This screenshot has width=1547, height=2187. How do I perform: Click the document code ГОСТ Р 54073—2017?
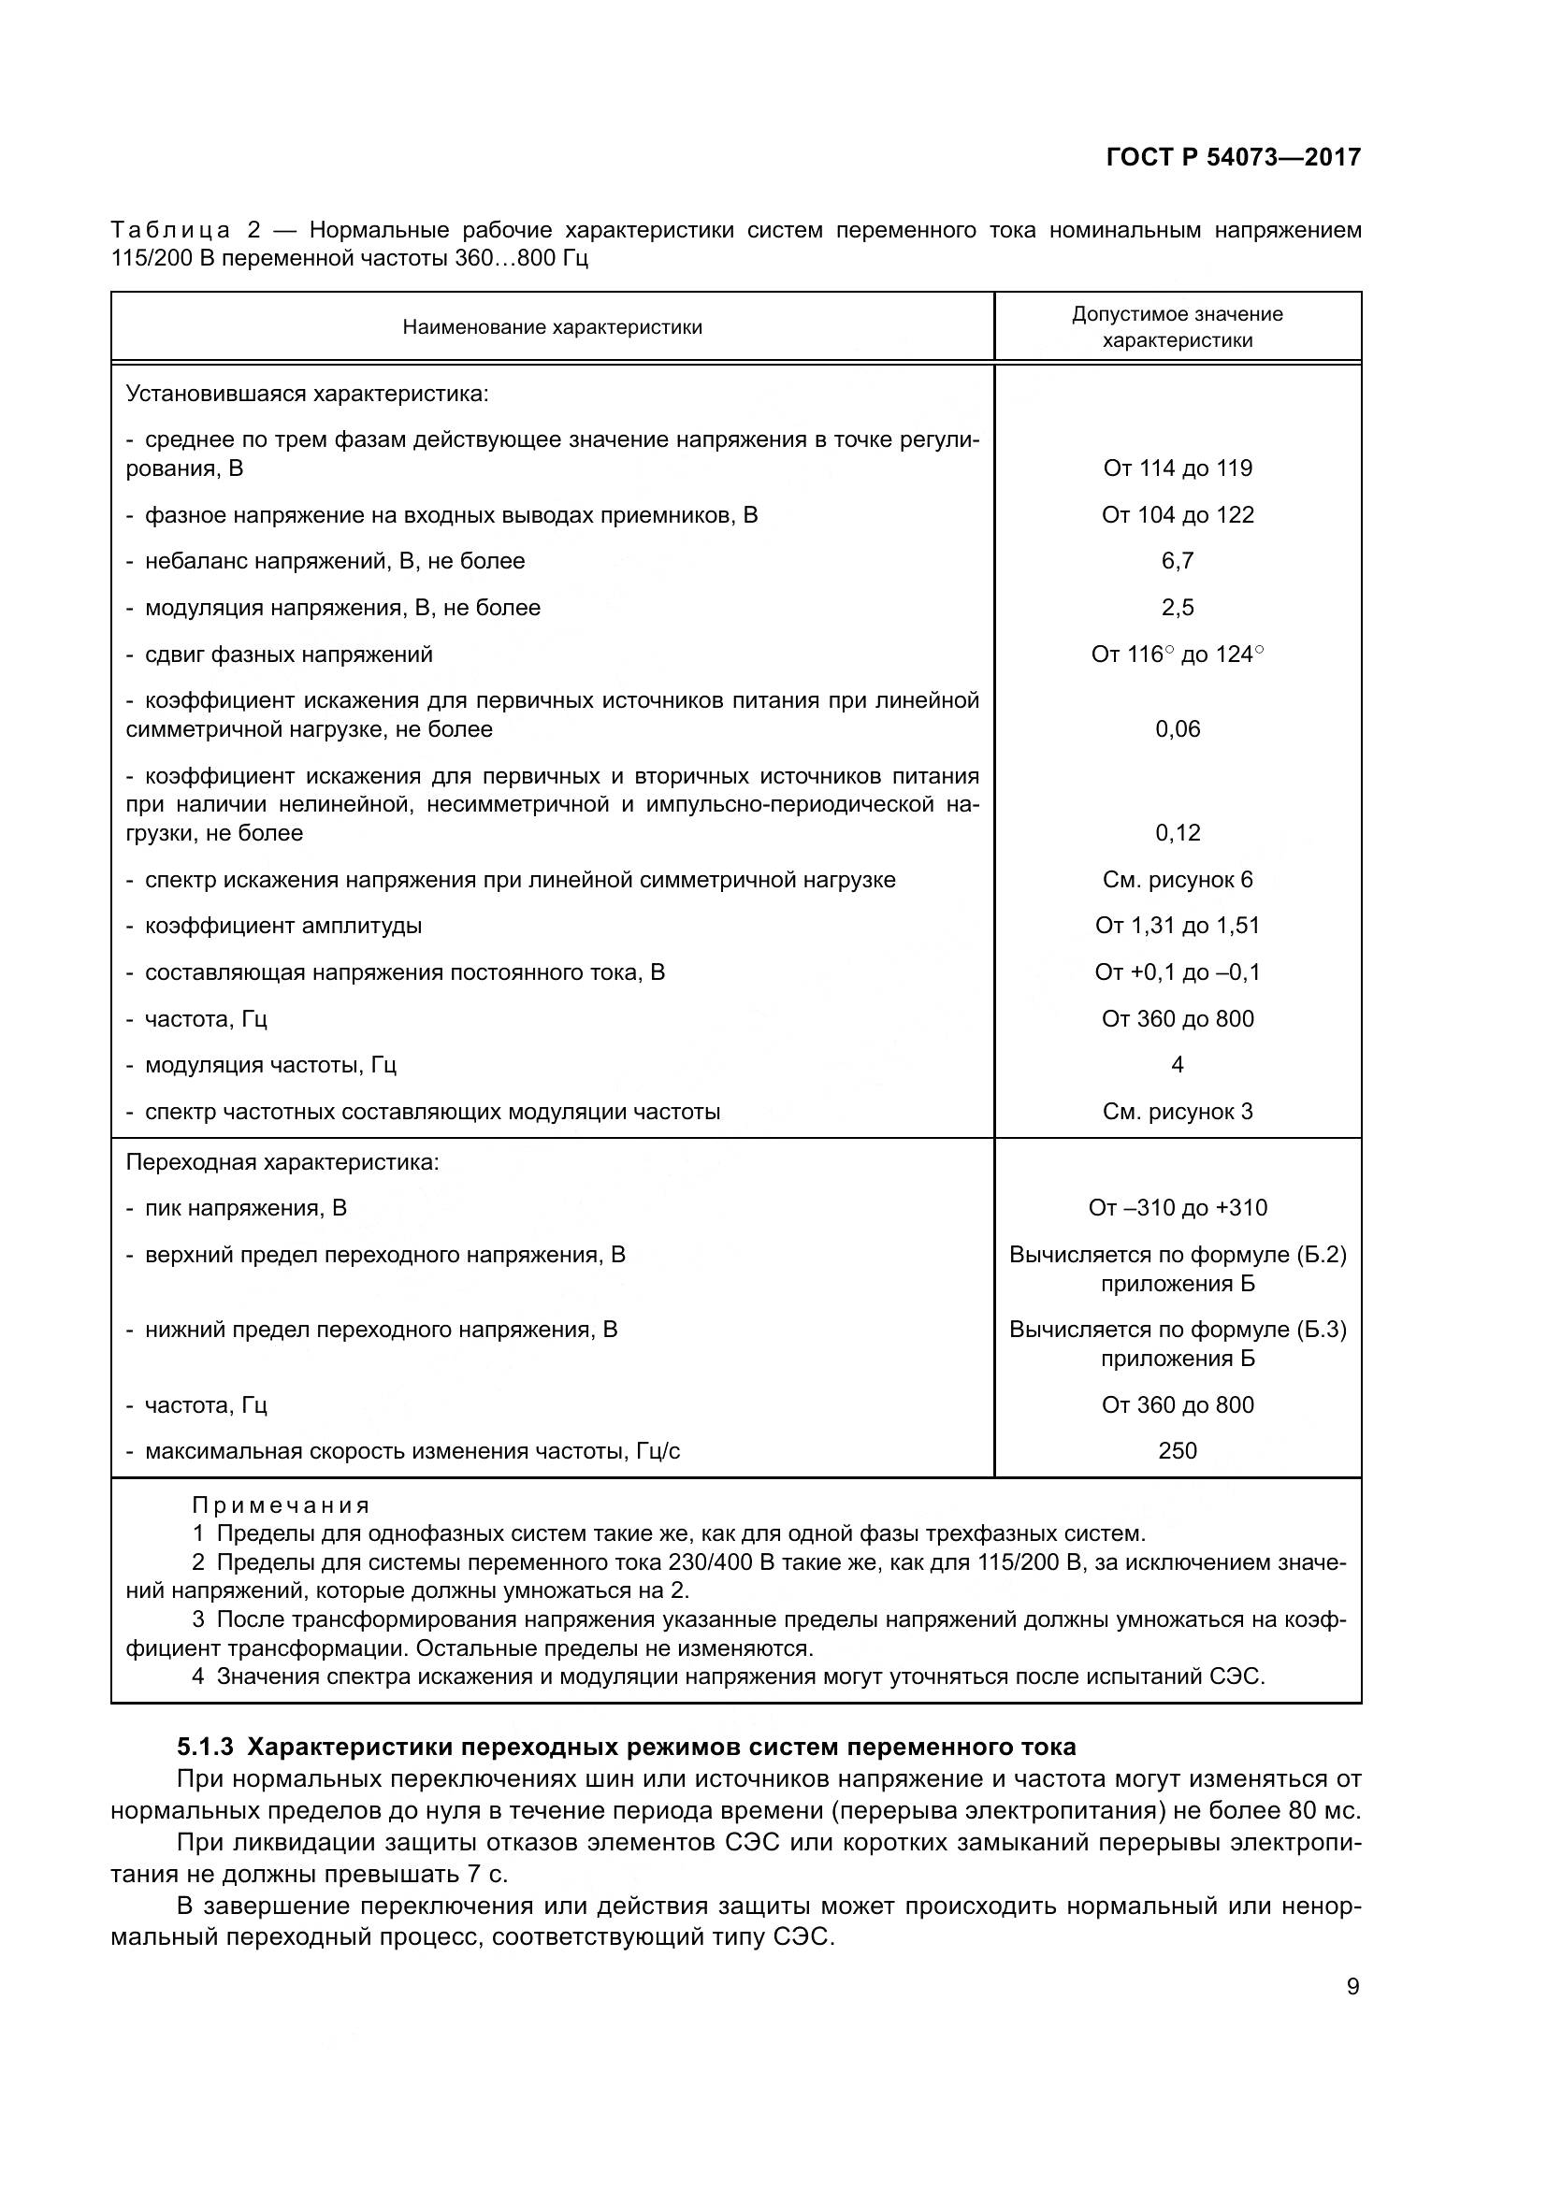tap(1234, 157)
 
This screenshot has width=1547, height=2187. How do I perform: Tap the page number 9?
tap(1352, 1987)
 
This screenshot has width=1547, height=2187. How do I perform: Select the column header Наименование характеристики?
tap(553, 327)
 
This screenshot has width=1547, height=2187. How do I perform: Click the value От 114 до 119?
tap(1178, 468)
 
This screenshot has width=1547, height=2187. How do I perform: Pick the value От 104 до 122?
tap(1178, 515)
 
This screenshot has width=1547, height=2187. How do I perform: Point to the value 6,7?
tap(1178, 561)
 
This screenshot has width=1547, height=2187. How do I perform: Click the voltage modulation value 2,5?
tap(1178, 608)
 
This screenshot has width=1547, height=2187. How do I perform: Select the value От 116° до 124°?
tap(1178, 655)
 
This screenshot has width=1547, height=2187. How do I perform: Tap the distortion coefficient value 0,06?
tap(1178, 728)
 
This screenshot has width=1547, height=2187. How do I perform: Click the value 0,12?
tap(1178, 832)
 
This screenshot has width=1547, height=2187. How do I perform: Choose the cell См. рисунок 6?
tap(1178, 879)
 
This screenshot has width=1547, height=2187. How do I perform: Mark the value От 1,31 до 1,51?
tap(1178, 925)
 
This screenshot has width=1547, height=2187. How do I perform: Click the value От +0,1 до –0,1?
tap(1178, 971)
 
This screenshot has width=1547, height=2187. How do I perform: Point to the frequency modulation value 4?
tap(1178, 1064)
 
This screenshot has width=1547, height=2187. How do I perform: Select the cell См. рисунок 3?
tap(1178, 1112)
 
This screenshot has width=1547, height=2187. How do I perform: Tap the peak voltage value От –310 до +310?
tap(1178, 1208)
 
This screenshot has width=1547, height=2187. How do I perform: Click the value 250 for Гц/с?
tap(1178, 1451)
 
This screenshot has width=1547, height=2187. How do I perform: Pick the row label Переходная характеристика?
tap(282, 1162)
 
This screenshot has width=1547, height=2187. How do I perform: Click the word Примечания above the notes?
tap(281, 1505)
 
